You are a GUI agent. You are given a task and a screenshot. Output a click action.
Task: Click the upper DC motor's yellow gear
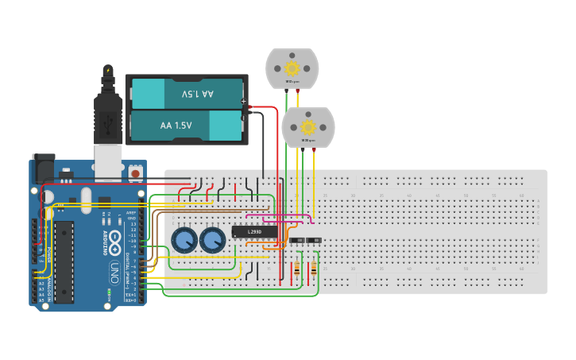click(x=292, y=68)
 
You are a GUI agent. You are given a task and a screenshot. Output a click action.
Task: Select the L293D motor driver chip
click(x=255, y=232)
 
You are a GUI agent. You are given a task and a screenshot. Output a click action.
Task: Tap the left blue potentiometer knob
click(x=184, y=240)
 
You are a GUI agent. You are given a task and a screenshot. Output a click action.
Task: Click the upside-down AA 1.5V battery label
click(x=198, y=94)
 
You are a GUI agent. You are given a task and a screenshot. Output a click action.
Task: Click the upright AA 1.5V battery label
click(x=176, y=126)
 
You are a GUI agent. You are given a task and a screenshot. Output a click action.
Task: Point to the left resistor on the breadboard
click(x=298, y=268)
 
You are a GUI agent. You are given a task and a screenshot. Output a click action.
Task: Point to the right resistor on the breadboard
click(x=314, y=268)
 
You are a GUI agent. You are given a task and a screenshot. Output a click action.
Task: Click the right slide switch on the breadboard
click(x=314, y=240)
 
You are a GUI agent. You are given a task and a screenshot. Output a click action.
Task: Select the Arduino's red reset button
click(x=136, y=172)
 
